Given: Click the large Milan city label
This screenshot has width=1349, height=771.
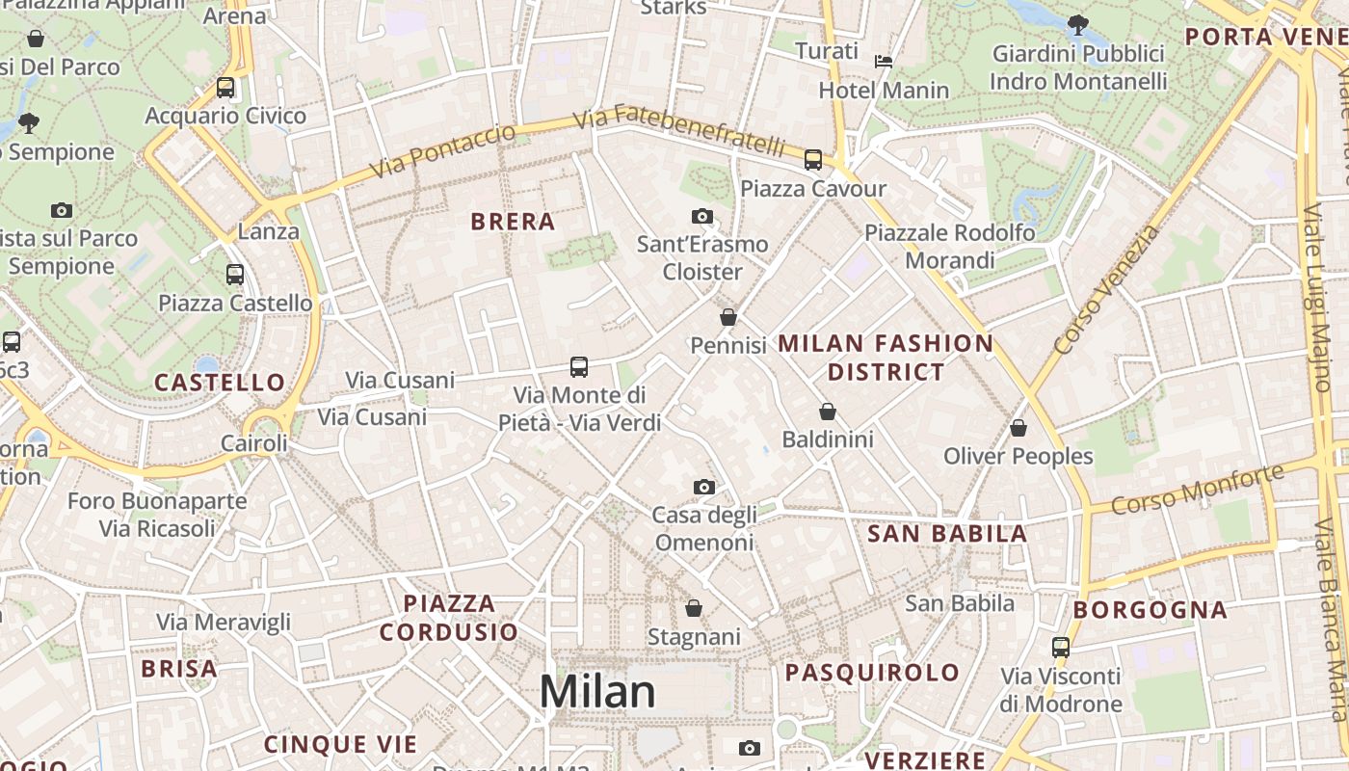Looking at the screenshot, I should click(597, 692).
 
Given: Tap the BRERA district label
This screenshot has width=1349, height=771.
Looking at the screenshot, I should click(513, 222).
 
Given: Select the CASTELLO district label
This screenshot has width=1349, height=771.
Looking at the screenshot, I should click(220, 383).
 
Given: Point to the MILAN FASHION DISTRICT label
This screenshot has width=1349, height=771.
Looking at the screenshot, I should click(886, 357).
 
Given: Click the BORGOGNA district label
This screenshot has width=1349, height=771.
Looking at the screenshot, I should click(1150, 610).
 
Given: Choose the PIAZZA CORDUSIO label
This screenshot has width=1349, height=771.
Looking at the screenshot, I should click(449, 618).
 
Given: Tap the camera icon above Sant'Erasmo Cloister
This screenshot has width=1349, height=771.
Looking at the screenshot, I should click(702, 217).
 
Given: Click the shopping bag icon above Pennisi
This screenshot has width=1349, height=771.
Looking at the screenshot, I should click(728, 317).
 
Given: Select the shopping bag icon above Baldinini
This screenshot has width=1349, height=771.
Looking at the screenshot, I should click(827, 412).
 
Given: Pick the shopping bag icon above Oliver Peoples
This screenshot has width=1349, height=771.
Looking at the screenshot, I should click(1018, 428).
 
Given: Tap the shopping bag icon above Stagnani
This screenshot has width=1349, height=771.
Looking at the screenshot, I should click(694, 608).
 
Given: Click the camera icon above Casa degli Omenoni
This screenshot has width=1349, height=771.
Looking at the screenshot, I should click(704, 488).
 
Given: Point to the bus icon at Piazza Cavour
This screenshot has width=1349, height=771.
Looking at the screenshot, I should click(813, 160).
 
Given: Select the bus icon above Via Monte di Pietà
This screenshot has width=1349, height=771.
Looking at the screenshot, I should click(579, 367).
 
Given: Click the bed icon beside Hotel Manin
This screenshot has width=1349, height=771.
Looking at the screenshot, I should click(883, 62).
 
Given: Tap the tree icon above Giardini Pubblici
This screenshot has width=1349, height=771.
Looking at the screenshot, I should click(1077, 25).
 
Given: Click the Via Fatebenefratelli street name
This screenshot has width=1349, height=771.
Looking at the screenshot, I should click(679, 131).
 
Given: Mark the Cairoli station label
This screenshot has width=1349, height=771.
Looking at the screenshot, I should click(254, 443).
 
